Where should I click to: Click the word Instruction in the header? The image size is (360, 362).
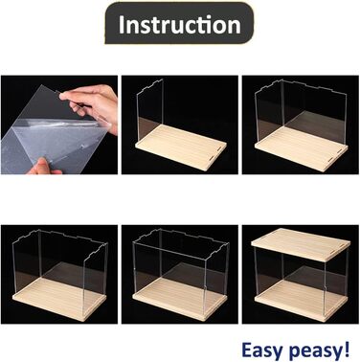pyautogui.click(x=180, y=25)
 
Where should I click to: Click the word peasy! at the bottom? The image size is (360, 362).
pyautogui.click(x=319, y=350)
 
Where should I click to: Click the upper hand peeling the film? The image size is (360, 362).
pyautogui.click(x=91, y=104)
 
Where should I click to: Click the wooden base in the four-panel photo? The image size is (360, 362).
pyautogui.click(x=180, y=299)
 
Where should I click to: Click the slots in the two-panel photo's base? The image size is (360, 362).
pyautogui.click(x=335, y=152)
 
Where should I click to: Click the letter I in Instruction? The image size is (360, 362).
pyautogui.click(x=121, y=24)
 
